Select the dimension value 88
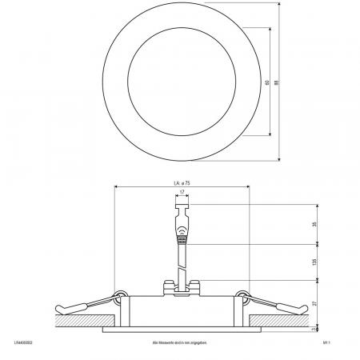(276, 82)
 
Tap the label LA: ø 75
(181, 183)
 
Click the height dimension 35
(316, 222)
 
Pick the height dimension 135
(316, 261)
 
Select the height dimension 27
(316, 303)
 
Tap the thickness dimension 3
(316, 328)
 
